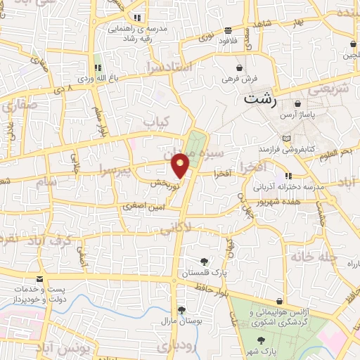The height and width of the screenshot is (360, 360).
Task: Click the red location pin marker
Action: pos(181,165)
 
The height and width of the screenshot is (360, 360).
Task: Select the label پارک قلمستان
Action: pos(205,272)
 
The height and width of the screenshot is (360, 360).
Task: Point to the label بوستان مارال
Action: pos(181,321)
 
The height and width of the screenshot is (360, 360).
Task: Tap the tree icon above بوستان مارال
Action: pos(181,309)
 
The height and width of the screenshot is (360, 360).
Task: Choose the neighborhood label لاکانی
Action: pos(177,229)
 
